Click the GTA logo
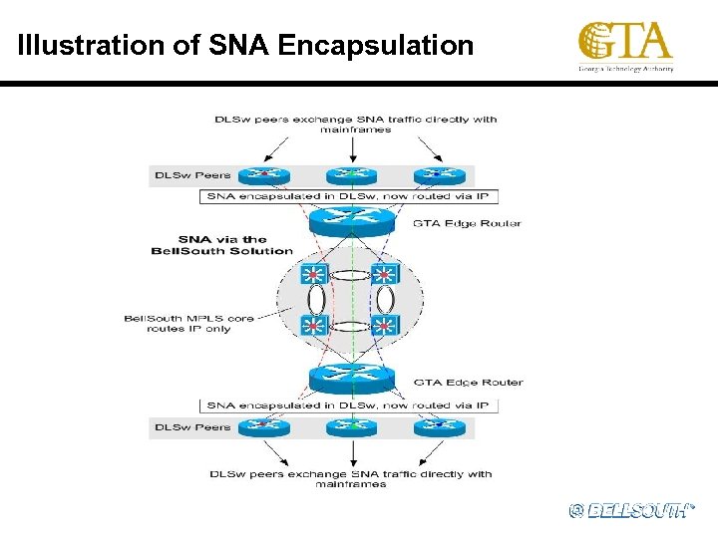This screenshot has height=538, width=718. [625, 42]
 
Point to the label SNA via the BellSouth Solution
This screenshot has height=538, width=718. [221, 245]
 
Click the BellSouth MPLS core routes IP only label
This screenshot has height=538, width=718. [189, 323]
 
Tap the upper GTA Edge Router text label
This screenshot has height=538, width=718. [467, 223]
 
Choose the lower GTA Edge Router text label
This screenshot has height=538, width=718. [468, 382]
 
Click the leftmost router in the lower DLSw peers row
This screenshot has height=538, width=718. [263, 426]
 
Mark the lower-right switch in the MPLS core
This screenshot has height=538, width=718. [385, 325]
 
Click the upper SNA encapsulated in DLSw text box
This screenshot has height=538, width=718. [348, 197]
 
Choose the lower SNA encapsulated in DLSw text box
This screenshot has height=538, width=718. [348, 405]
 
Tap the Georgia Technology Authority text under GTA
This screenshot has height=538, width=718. [625, 70]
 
